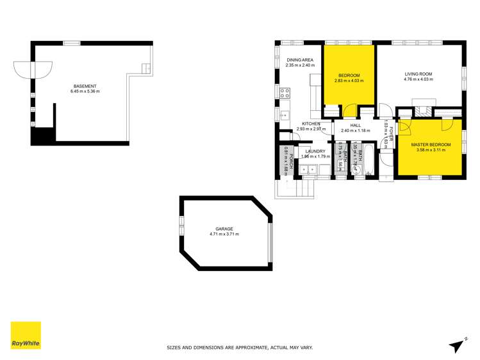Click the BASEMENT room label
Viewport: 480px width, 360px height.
(85, 86)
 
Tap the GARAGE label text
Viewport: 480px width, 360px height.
(224, 229)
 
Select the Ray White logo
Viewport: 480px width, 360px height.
(26, 335)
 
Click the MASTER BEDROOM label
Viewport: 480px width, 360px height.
(431, 145)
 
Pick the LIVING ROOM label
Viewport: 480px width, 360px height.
(418, 74)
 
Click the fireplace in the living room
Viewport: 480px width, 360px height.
(423, 102)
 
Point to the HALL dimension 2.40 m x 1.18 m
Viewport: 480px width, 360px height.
(356, 131)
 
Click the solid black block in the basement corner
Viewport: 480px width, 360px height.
(42, 136)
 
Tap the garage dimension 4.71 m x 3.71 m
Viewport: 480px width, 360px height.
(224, 234)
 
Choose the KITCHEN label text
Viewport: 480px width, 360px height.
(311, 124)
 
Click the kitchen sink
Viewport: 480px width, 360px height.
(285, 115)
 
